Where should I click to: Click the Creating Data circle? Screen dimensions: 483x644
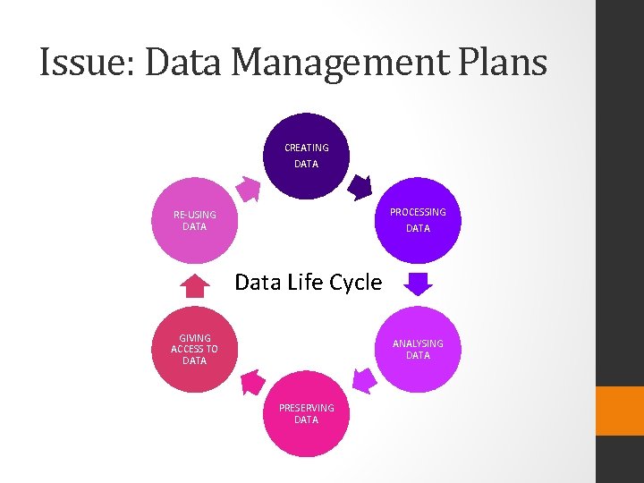[306, 155]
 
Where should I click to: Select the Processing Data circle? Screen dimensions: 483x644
[417, 220]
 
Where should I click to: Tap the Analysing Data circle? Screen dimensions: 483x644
[417, 350]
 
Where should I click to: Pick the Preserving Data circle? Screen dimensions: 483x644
[306, 413]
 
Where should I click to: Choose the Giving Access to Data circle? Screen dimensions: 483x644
[194, 350]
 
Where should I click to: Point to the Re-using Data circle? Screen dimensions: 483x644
[194, 220]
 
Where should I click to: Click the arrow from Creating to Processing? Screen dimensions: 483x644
[359, 187]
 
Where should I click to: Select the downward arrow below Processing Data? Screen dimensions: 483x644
[417, 284]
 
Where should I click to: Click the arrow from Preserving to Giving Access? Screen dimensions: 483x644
[253, 382]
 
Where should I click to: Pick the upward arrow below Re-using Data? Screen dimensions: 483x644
[194, 284]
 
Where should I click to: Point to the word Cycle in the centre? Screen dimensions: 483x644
[355, 283]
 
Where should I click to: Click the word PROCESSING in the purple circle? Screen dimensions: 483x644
[418, 212]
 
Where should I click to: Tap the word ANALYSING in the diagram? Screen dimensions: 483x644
[418, 343]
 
